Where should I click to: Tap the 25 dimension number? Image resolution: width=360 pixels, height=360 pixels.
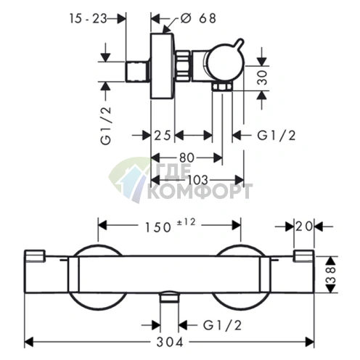(163, 134)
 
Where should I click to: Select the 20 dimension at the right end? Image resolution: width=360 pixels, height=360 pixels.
(305, 226)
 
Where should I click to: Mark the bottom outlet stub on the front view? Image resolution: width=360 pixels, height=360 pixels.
(169, 298)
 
